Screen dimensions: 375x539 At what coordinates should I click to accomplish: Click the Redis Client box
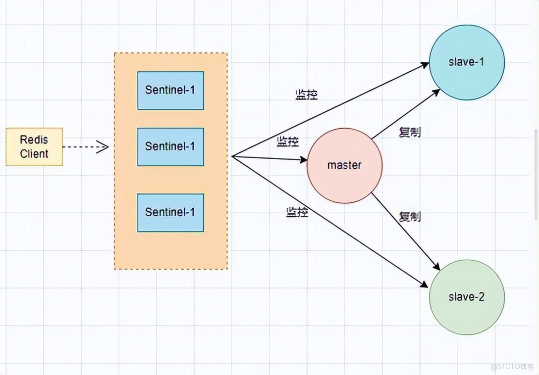point(34,146)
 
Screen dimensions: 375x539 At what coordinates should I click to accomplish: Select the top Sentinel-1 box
point(170,90)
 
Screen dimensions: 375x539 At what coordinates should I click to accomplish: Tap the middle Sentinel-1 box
point(170,147)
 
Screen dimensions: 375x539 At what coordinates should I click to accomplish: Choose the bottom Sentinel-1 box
point(170,213)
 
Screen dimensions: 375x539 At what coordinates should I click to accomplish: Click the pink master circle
point(344,165)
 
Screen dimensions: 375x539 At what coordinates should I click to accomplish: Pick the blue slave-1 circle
point(466,62)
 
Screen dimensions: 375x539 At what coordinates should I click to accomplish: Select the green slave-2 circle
point(466,297)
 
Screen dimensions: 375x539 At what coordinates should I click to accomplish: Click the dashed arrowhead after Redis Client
point(103,146)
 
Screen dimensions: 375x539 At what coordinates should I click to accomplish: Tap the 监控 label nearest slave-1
point(306,95)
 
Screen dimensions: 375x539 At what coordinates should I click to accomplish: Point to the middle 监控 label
point(288,142)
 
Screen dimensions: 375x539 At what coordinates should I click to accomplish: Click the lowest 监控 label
point(297,212)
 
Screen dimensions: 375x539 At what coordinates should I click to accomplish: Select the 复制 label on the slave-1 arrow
point(410,132)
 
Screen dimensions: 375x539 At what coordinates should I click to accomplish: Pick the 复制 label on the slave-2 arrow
point(410,216)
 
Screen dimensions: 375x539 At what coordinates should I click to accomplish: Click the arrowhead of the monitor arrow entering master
point(303,160)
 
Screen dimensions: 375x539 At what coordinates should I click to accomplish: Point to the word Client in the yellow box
point(34,154)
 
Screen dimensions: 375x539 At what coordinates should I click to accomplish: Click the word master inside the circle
point(344,165)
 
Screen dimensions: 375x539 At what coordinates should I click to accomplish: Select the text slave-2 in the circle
point(466,297)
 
